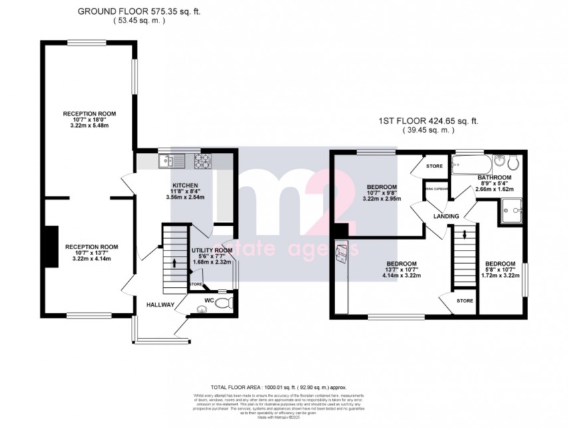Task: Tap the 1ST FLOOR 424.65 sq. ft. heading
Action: coord(428,121)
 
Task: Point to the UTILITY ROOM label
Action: coord(211,251)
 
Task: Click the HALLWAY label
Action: coord(160,305)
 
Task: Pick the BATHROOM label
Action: coord(494,178)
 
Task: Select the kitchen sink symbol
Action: coord(167,160)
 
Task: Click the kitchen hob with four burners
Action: coord(202,160)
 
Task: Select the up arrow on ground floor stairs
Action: coord(175,263)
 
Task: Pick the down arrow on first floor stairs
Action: coord(464,233)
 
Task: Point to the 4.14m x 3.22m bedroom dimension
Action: coord(403,275)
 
